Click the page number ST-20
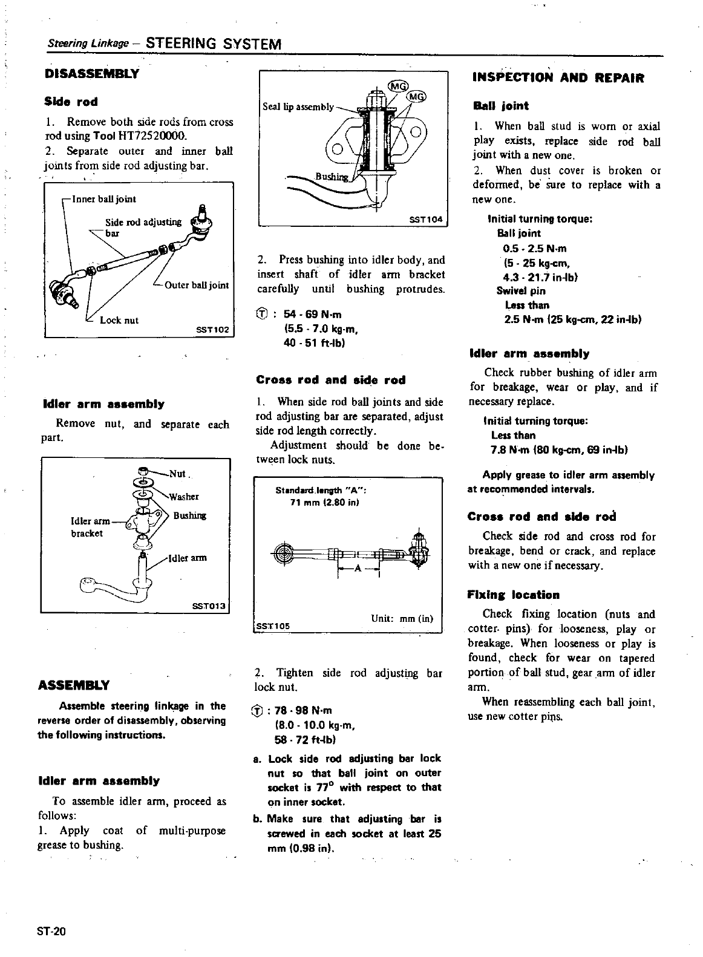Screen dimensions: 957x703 coord(51,931)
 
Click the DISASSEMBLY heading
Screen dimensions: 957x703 coord(92,74)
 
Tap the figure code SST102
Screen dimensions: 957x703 coord(212,330)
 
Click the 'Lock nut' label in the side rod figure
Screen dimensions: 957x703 coord(119,320)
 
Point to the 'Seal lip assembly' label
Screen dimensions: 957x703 coord(298,107)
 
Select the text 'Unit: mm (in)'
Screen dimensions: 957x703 coord(402,618)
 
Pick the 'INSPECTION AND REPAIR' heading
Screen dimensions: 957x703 coord(558,78)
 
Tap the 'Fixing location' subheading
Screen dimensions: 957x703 coord(513,595)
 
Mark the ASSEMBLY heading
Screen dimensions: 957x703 coord(74,685)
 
